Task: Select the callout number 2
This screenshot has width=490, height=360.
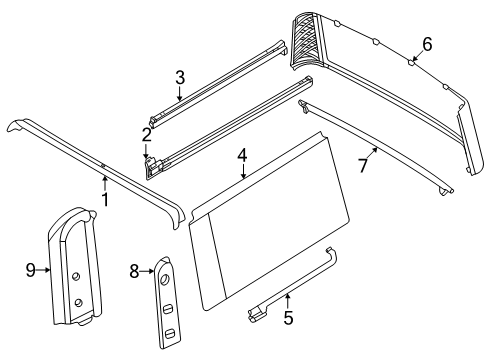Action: click(x=146, y=134)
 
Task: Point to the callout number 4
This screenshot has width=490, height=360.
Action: click(x=242, y=155)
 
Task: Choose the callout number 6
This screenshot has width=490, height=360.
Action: click(x=427, y=43)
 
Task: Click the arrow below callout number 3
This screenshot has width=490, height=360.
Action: click(x=179, y=93)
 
